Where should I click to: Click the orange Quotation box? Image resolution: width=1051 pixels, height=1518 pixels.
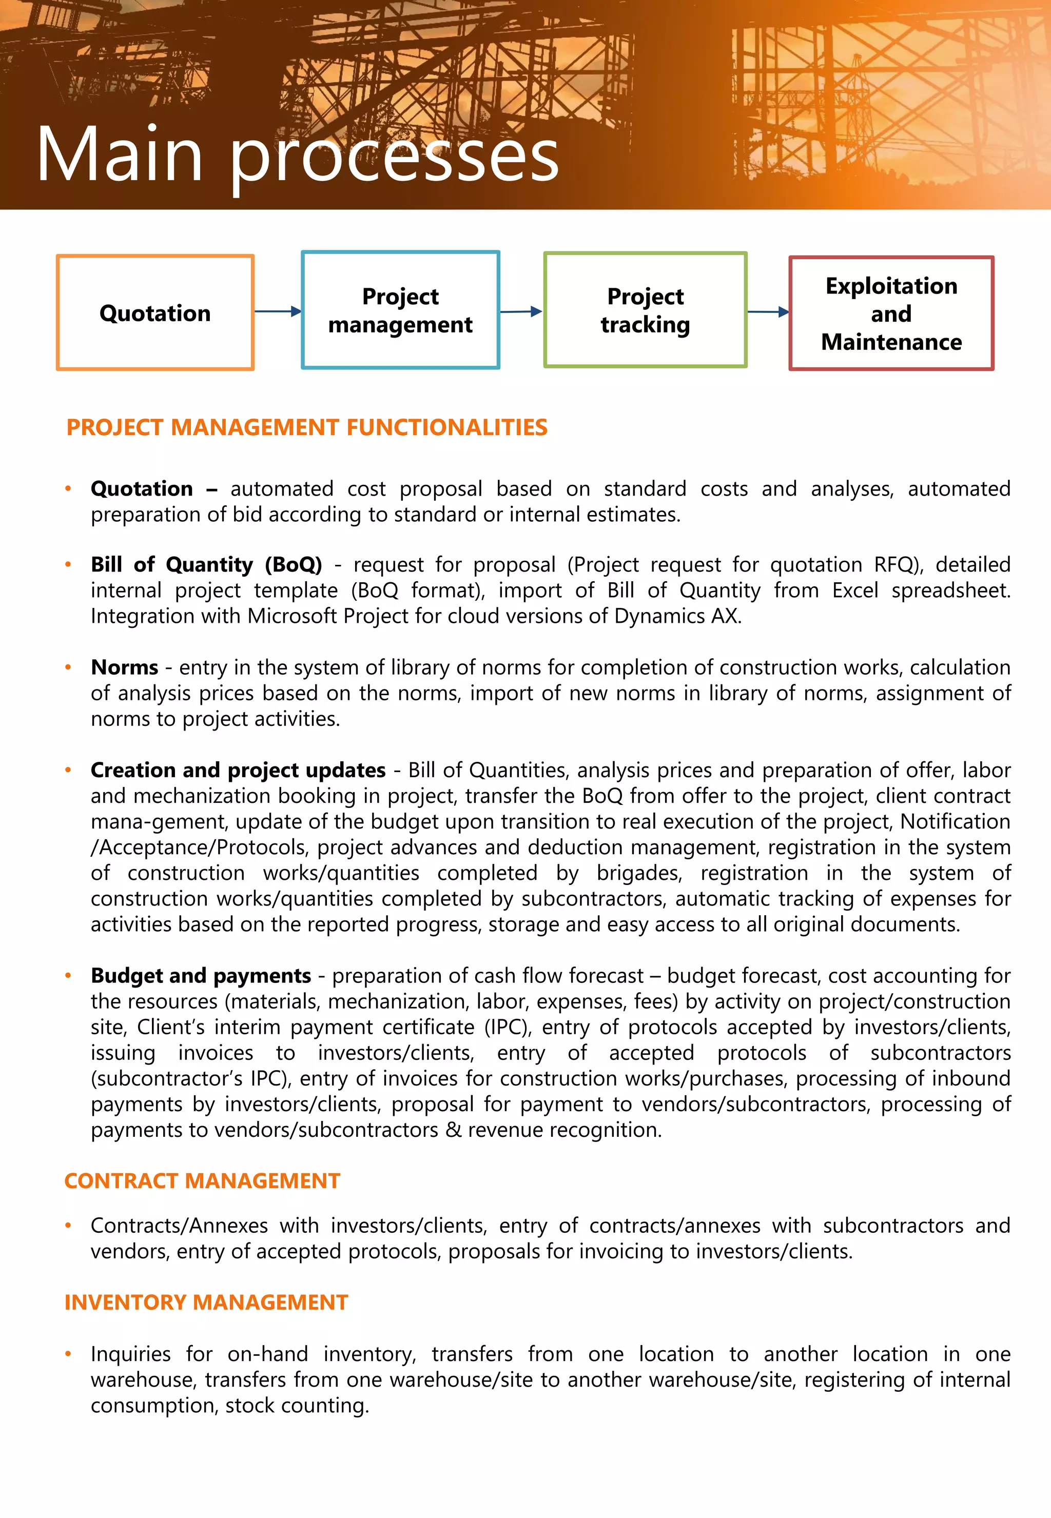(x=155, y=313)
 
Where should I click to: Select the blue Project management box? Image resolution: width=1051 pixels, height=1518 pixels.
(x=400, y=310)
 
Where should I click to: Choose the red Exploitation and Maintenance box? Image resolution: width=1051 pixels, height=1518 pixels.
(x=891, y=313)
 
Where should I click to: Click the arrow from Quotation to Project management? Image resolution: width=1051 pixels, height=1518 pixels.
(x=277, y=311)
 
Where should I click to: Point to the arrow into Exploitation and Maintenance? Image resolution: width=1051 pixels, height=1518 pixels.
(x=768, y=312)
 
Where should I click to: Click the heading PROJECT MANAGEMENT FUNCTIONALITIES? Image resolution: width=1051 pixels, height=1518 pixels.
(x=307, y=428)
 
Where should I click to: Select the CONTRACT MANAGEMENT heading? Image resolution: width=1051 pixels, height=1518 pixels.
(x=202, y=1181)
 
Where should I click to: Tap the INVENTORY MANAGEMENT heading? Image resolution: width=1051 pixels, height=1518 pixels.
(x=206, y=1303)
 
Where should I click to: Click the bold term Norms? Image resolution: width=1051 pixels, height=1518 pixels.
(x=125, y=667)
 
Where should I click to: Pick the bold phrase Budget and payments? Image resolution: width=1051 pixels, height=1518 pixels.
(x=201, y=976)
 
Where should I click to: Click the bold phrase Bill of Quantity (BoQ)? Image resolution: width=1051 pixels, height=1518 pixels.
(x=206, y=565)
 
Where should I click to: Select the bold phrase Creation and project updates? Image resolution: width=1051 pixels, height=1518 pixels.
(x=238, y=770)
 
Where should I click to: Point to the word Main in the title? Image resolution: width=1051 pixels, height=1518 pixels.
(x=119, y=155)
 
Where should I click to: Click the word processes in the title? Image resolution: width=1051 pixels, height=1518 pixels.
(x=394, y=158)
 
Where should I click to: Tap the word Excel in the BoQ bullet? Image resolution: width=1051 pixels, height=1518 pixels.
(x=855, y=590)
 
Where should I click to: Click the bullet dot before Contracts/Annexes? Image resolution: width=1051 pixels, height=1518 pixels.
(x=68, y=1226)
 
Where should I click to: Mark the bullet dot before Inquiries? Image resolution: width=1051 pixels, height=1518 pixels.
(x=68, y=1354)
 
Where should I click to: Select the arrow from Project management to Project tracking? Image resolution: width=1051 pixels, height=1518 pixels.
(x=521, y=311)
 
